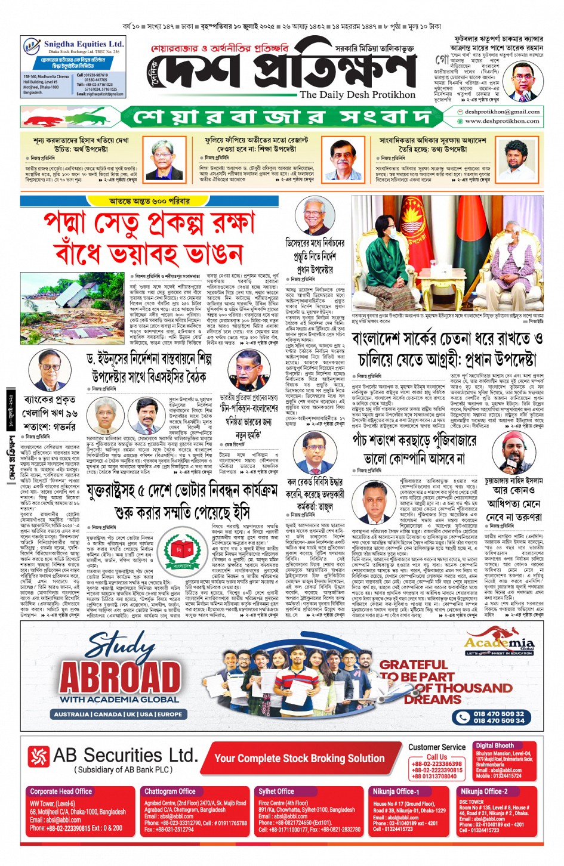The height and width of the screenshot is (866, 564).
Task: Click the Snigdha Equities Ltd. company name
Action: pyautogui.click(x=84, y=44)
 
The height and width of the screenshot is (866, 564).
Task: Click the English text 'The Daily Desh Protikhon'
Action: pyautogui.click(x=357, y=95)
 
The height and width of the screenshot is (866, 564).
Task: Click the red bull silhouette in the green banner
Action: pyautogui.click(x=44, y=118)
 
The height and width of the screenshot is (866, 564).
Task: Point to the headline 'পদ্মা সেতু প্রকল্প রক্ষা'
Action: pyautogui.click(x=149, y=224)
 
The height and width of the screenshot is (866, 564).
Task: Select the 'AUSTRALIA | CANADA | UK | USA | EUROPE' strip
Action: pyautogui.click(x=119, y=714)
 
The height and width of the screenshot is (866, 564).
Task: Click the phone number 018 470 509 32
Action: pyautogui.click(x=498, y=713)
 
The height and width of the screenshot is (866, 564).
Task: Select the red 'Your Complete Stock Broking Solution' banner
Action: pyautogui.click(x=299, y=758)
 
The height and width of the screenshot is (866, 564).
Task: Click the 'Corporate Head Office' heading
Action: pyautogui.click(x=61, y=791)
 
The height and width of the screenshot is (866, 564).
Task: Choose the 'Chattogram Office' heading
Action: pyautogui.click(x=170, y=791)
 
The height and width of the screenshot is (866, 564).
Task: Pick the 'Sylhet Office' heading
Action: pyautogui.click(x=276, y=791)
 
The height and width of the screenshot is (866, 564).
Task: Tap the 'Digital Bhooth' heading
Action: pyautogui.click(x=494, y=746)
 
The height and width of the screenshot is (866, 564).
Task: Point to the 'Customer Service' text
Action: pyautogui.click(x=436, y=747)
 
